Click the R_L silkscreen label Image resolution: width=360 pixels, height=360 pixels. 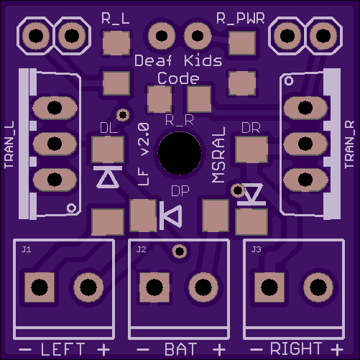coord(116,19)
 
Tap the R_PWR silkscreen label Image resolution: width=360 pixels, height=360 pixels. coord(241,19)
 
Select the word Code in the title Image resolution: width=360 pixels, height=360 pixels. coord(178,78)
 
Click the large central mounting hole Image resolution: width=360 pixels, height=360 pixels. coord(180,153)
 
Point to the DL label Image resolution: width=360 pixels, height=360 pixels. coord(109,129)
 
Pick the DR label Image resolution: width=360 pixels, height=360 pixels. coord(251,129)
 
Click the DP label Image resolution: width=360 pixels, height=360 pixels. coord(180,191)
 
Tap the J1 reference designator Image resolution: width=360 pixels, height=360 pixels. coord(26,249)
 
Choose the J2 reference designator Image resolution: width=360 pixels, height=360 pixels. coord(141,249)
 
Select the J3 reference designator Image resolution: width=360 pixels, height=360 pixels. coord(256,249)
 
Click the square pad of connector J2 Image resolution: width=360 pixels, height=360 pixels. coord(154,287)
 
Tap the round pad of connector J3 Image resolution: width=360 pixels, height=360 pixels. coord(318,287)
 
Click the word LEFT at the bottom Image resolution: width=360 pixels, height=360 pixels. coord(63,349)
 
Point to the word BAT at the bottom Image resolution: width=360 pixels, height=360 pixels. coord(181,349)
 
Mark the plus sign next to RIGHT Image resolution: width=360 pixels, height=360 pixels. coord(337,349)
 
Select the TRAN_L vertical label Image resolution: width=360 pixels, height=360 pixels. coord(9,144)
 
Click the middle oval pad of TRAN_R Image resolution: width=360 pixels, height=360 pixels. coord(305,144)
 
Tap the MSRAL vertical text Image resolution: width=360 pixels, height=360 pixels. coord(218,154)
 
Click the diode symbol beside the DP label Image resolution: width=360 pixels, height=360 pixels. coord(170,216)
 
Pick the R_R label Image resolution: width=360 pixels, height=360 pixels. coord(180,120)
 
